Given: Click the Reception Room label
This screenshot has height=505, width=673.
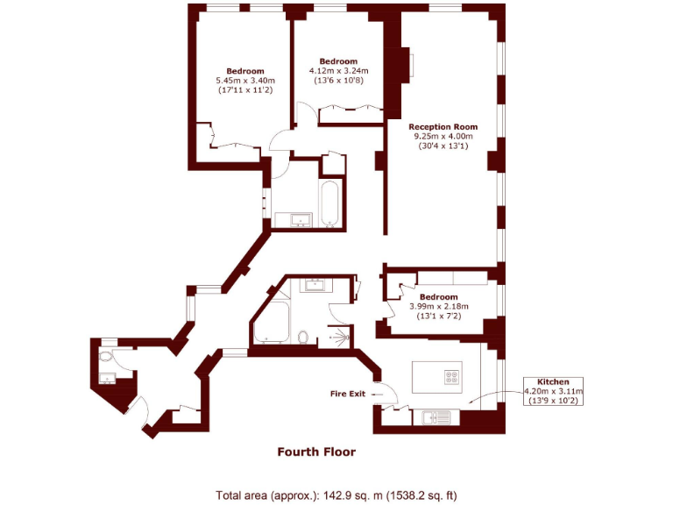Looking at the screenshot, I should coord(443,126).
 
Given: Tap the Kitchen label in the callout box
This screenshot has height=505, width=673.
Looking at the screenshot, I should coord(553,382).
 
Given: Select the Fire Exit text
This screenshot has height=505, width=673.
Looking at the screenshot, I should coord(347,394).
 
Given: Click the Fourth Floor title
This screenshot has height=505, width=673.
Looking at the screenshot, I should coord(316,452).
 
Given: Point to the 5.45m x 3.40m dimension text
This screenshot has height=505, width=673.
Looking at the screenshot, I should coord(244,81).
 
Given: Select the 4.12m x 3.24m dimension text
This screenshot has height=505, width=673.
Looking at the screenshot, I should coord(338,71).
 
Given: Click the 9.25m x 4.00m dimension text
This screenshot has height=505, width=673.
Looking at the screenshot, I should coord(443,136).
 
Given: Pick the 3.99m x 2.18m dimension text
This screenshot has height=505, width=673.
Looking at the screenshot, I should coord(439,306).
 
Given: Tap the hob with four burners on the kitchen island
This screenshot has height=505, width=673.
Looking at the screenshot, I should coord(452,379).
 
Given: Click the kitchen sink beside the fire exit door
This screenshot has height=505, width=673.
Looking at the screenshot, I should coord(430,417).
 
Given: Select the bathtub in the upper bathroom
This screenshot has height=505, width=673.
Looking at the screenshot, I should coord(330,203).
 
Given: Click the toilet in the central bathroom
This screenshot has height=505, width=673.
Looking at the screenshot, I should coord(302,337).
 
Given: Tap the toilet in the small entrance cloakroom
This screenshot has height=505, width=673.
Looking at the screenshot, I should coord(106,357).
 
